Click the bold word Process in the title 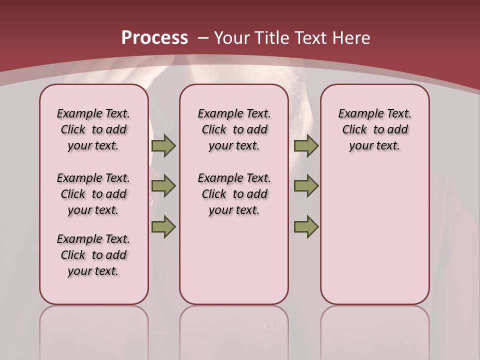point(154,37)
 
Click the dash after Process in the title point(203,38)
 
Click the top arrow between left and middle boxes point(163,146)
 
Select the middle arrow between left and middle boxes point(163,186)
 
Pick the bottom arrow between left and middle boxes point(163,227)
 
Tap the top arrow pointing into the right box point(306,146)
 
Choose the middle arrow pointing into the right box point(306,186)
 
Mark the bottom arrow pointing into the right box point(306,227)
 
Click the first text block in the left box point(93,129)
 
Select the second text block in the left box point(93,194)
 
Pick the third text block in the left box point(93,255)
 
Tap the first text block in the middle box point(234,129)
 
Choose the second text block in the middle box point(234,194)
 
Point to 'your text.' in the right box point(374,146)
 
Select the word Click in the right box point(354,130)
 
